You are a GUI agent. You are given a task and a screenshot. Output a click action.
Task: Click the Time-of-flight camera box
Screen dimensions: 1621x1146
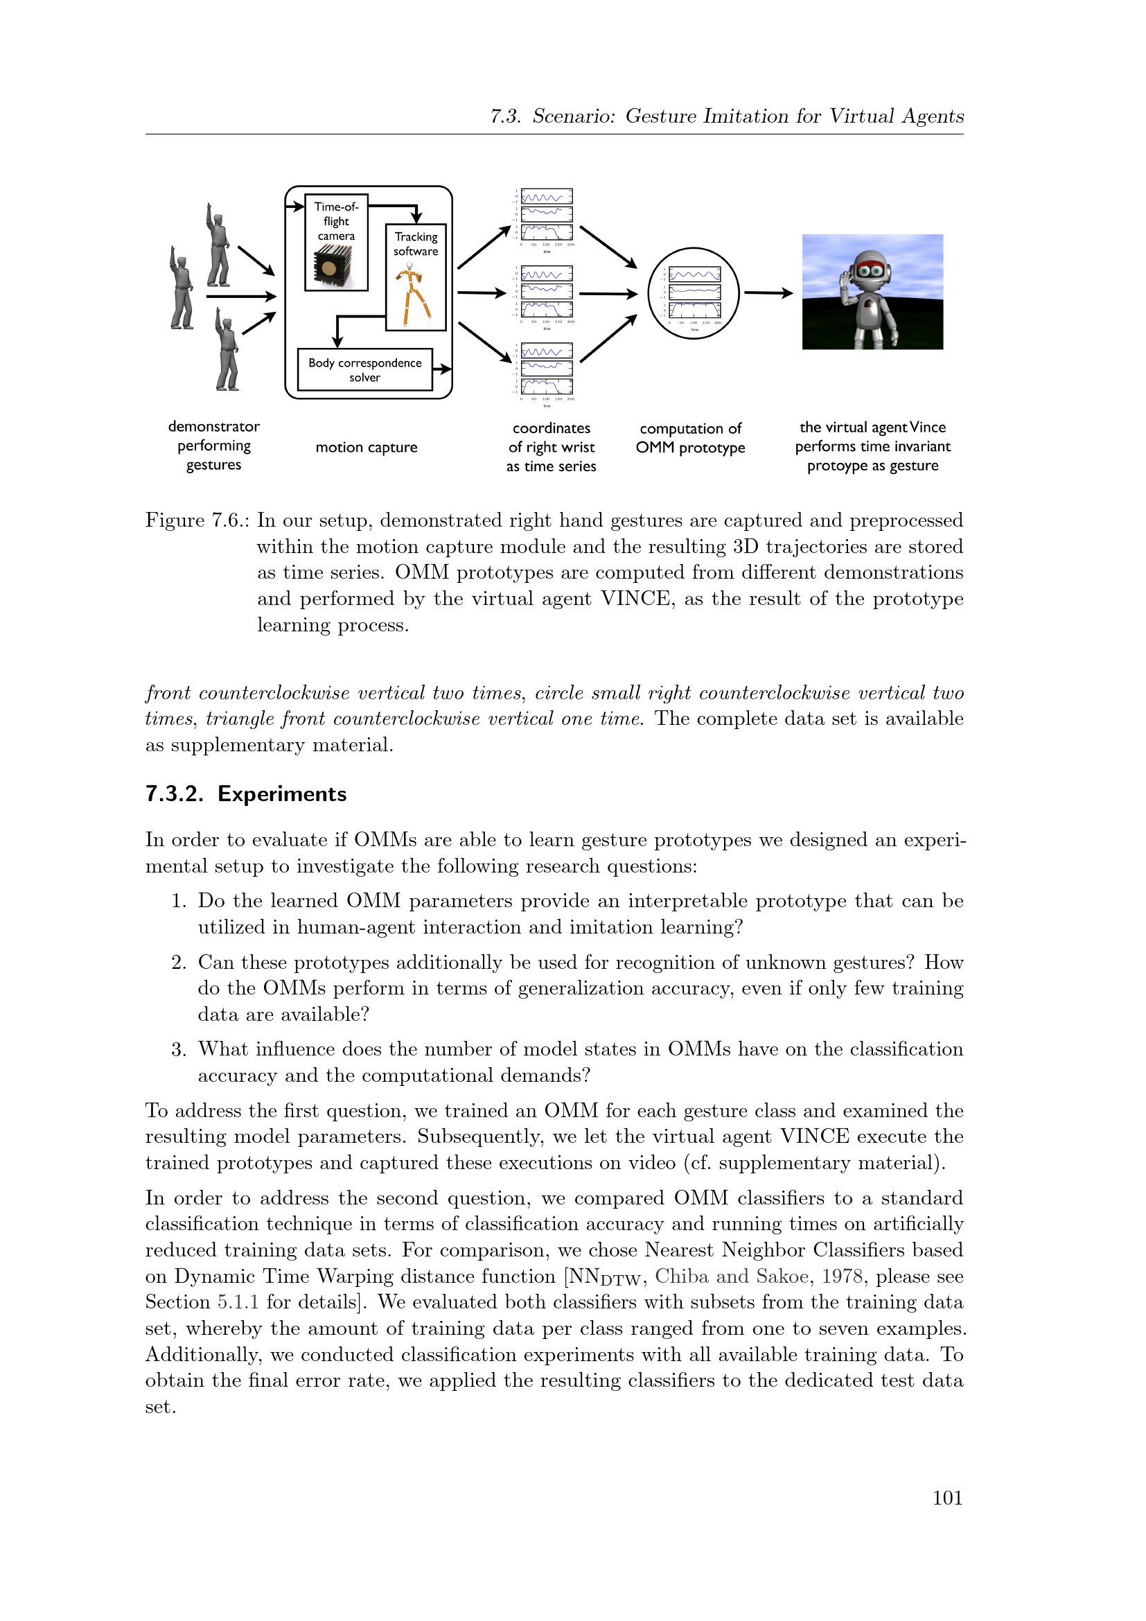pyautogui.click(x=336, y=241)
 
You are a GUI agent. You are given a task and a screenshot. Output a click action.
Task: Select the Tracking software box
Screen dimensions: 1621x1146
pyautogui.click(x=416, y=276)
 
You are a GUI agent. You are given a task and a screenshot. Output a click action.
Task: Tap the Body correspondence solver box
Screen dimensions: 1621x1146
pyautogui.click(x=364, y=369)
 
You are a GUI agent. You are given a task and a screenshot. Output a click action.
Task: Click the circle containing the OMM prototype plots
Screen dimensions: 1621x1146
pyautogui.click(x=693, y=293)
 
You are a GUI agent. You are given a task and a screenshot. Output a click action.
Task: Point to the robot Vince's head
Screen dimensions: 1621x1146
pyautogui.click(x=873, y=269)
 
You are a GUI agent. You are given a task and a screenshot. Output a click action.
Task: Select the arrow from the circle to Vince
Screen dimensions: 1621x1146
pyautogui.click(x=768, y=292)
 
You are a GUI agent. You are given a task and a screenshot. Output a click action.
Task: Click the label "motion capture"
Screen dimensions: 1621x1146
pyautogui.click(x=367, y=447)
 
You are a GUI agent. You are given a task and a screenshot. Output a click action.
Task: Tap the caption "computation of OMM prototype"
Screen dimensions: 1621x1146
pyautogui.click(x=690, y=438)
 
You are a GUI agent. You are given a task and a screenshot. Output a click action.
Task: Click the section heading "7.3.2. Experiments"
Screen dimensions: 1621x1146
pyautogui.click(x=245, y=794)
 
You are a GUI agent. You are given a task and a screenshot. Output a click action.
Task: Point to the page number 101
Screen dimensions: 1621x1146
pyautogui.click(x=947, y=1498)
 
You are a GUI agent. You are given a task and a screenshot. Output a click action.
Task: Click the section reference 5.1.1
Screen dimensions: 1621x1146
pyautogui.click(x=238, y=1302)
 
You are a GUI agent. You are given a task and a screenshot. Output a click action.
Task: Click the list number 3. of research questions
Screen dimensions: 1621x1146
pyautogui.click(x=178, y=1050)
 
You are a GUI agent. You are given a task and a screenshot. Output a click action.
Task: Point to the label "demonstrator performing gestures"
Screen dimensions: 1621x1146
pyautogui.click(x=214, y=446)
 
